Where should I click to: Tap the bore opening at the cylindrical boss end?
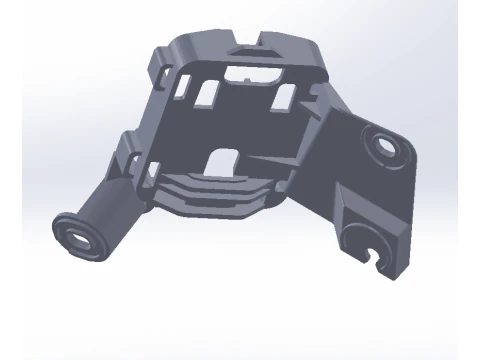coord(79,235)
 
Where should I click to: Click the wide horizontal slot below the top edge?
coord(250,72)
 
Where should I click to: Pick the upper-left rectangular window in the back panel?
coord(210,93)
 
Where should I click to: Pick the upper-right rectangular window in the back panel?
coord(282,96)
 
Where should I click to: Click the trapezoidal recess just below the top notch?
coord(250,53)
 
